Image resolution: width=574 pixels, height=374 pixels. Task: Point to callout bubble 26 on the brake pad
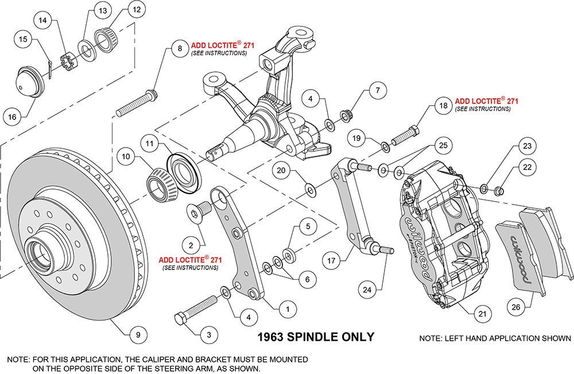click(515, 307)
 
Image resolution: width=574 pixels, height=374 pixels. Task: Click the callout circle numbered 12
click(137, 9)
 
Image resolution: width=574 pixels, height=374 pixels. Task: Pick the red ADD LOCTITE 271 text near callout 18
click(487, 101)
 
